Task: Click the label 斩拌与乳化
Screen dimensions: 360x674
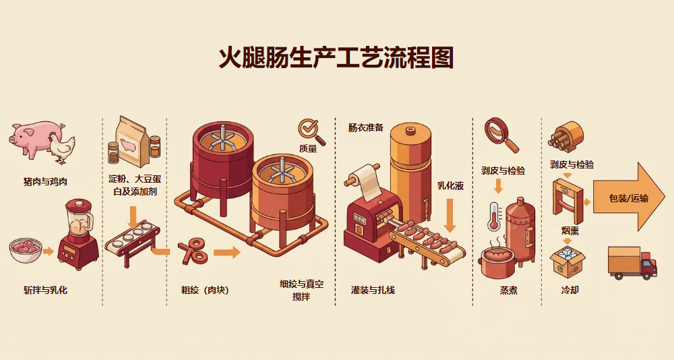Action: pyautogui.click(x=45, y=291)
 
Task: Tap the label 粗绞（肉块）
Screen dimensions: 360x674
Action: pyautogui.click(x=205, y=291)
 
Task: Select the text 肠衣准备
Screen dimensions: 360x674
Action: pyautogui.click(x=366, y=127)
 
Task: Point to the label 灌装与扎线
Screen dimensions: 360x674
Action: pyautogui.click(x=373, y=291)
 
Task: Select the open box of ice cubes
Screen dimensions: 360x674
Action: pyautogui.click(x=567, y=261)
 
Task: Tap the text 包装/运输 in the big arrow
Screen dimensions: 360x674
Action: pyautogui.click(x=628, y=198)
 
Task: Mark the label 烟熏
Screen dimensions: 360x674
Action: pyautogui.click(x=570, y=231)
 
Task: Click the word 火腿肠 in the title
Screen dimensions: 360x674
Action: pyautogui.click(x=253, y=59)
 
